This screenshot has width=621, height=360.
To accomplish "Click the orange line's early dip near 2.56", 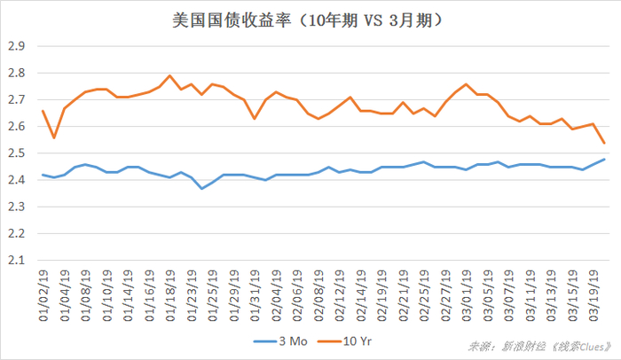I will click(53, 137).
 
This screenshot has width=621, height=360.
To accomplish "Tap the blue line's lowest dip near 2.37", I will click(202, 188).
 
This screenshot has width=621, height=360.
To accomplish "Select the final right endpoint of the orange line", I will click(605, 143).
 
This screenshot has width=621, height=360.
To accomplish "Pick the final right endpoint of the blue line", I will click(605, 159).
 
